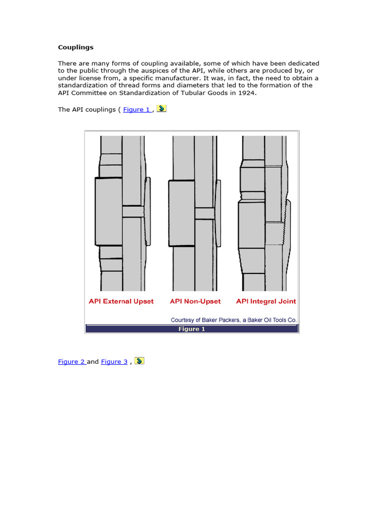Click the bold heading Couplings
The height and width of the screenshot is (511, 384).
tap(75, 47)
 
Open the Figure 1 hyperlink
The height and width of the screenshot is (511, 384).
tap(136, 109)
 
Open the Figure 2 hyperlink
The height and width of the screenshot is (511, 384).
tap(71, 362)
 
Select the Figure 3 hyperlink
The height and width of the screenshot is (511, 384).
tap(114, 362)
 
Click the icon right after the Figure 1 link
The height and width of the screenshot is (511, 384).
tap(161, 108)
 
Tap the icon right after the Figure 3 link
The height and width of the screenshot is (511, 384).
tap(139, 361)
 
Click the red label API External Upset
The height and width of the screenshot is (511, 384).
tap(121, 301)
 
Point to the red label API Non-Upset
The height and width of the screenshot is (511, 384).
tap(195, 301)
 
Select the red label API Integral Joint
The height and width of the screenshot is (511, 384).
tap(265, 301)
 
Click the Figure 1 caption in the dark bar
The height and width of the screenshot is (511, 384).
tap(192, 329)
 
